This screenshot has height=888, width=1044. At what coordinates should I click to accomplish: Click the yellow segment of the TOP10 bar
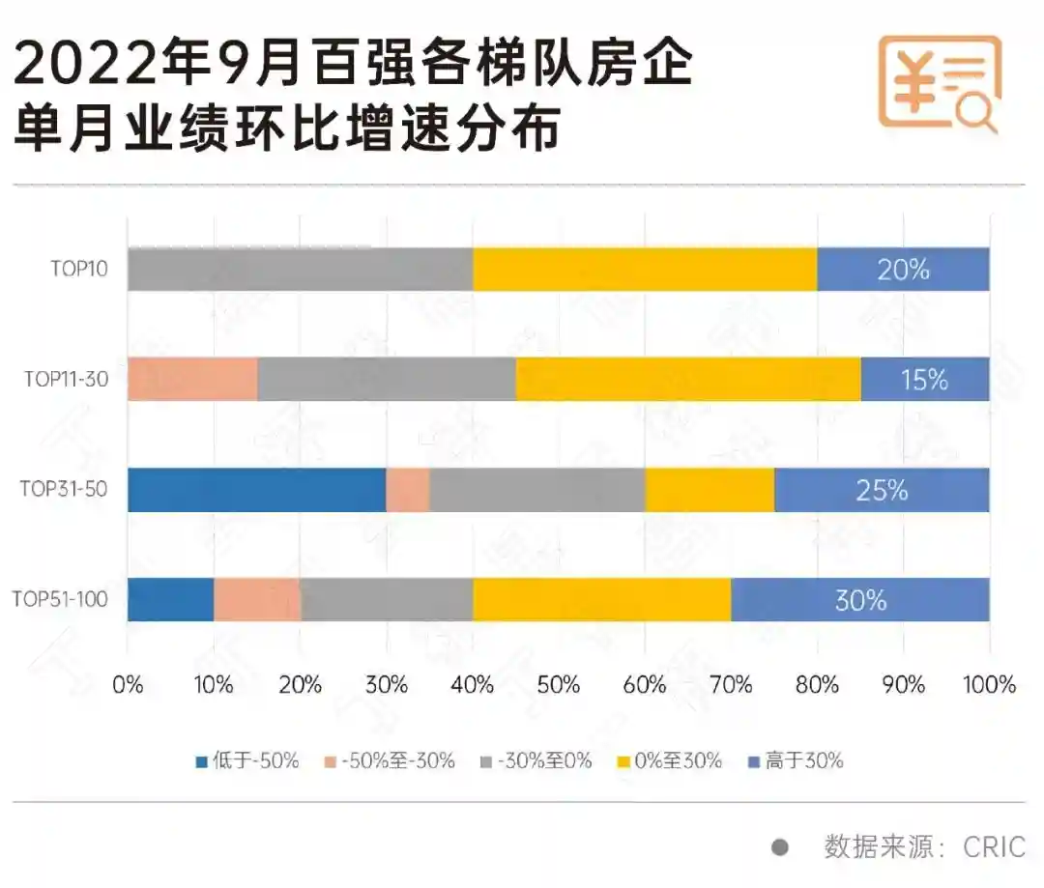coord(645,269)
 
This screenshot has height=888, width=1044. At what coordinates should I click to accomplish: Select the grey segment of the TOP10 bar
coord(300,269)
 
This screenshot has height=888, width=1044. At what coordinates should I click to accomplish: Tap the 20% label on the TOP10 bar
coord(903,270)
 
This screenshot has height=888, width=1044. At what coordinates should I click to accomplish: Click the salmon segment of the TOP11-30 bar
coord(192,379)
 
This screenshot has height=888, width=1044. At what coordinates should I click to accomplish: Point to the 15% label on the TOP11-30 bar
coord(924,380)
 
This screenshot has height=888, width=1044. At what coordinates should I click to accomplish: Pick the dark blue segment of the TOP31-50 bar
coord(256,490)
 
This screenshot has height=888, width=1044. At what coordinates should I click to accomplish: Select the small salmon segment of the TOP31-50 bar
coord(408,490)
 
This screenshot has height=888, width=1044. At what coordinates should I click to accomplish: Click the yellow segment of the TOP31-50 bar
coord(710,490)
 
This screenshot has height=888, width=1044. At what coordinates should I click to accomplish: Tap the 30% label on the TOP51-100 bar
coord(860,600)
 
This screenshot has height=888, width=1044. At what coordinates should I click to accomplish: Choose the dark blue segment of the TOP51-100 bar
coord(170,600)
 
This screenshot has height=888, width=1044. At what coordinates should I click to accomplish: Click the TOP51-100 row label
coord(60,600)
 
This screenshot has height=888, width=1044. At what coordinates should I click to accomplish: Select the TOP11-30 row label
coord(66,380)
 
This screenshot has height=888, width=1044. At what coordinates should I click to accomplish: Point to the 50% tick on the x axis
coord(559,685)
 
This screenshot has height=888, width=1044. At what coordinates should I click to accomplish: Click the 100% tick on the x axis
coord(989,685)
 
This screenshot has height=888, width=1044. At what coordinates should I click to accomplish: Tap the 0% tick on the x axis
coord(128,685)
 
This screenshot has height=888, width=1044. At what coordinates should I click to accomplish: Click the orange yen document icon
coord(938,83)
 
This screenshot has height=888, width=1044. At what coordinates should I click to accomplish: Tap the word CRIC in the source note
coord(994,847)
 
